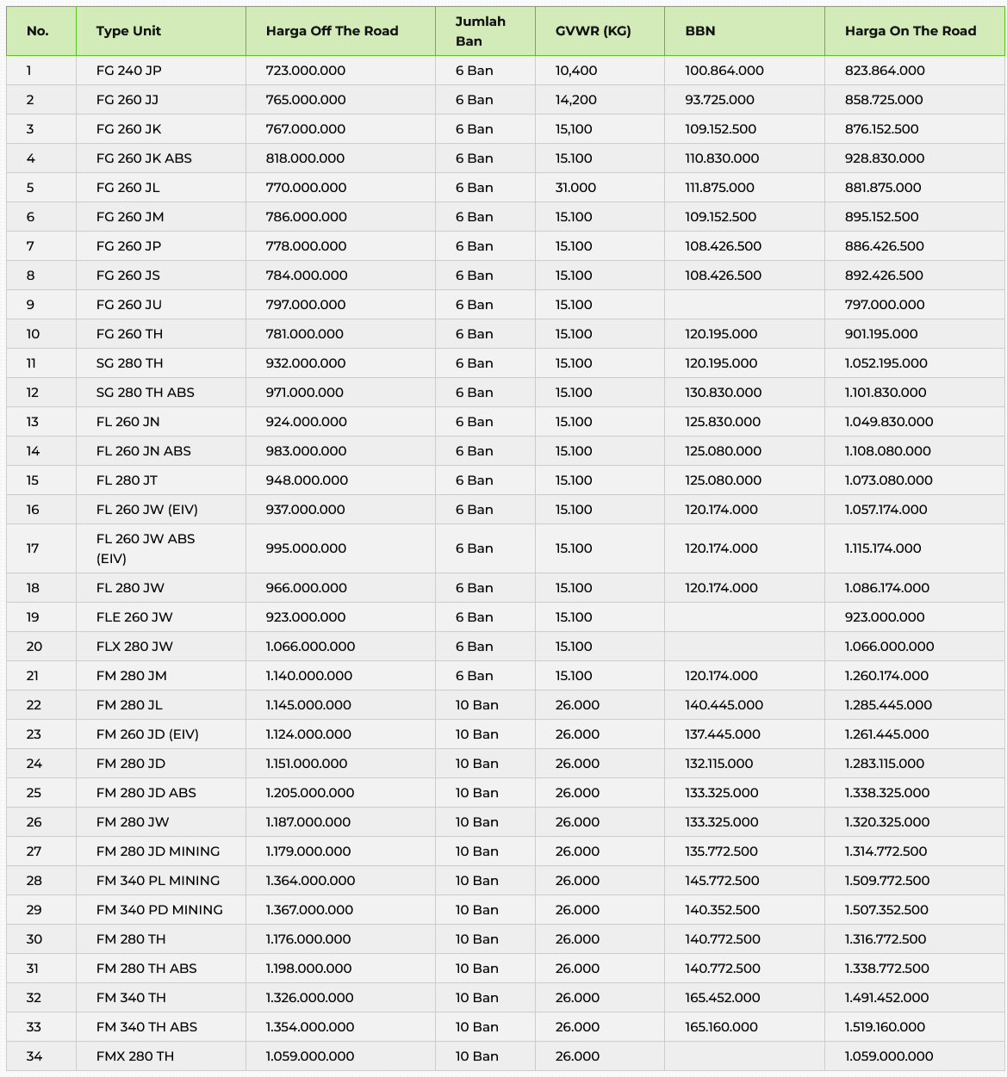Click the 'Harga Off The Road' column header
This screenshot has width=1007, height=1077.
point(332,31)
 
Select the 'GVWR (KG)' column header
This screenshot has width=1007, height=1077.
point(593,31)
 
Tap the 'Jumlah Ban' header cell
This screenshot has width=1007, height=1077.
point(480,31)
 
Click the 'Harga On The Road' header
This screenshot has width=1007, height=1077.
point(910,31)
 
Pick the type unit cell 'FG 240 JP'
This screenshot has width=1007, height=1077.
point(128,71)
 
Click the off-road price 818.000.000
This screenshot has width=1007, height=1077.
point(305,158)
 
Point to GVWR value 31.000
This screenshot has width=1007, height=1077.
point(575,188)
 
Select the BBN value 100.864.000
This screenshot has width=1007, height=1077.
point(724,71)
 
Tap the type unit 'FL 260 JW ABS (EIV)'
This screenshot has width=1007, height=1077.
point(146,548)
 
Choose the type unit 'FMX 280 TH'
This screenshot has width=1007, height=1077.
point(134,1056)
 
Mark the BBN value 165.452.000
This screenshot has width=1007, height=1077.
point(722,998)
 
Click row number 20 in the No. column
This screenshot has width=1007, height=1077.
point(34,647)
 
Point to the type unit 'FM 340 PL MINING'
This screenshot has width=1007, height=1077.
point(158,881)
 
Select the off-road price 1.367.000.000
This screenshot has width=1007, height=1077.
point(309,910)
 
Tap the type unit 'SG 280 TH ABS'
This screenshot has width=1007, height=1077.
point(145,393)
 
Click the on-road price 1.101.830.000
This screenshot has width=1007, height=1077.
point(886,393)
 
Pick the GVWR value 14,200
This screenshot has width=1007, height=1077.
point(575,100)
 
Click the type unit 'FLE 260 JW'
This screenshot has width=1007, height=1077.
point(134,617)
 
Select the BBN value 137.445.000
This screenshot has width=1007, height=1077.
point(722,734)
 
